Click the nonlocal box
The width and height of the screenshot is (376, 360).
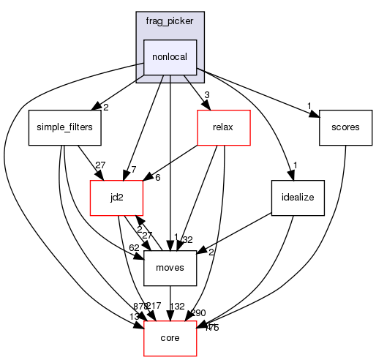click(170, 56)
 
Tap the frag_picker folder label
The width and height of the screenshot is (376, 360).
click(170, 21)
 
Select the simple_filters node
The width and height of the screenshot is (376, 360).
click(64, 127)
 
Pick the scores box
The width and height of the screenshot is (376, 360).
click(345, 127)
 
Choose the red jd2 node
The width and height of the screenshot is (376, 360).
click(115, 197)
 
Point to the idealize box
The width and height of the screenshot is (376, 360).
click(297, 198)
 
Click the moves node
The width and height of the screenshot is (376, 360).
click(170, 267)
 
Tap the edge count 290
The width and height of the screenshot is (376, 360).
click(198, 312)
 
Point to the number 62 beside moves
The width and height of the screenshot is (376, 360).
click(133, 247)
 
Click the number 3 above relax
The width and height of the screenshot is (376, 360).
click(208, 95)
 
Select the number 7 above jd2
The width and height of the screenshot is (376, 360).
click(133, 170)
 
